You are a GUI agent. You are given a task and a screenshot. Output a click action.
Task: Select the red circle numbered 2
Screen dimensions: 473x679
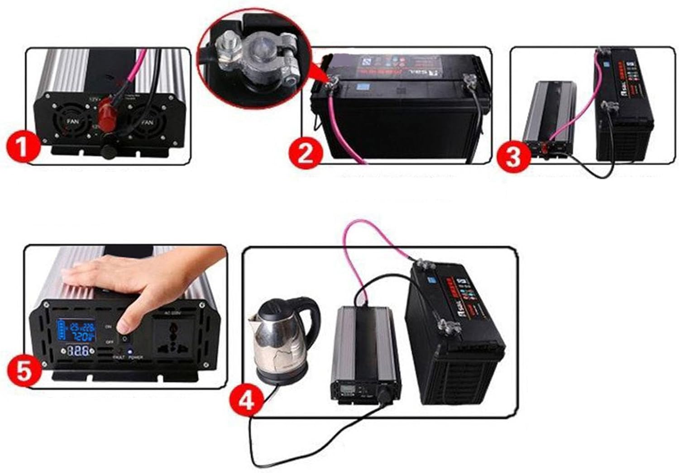point(306,154)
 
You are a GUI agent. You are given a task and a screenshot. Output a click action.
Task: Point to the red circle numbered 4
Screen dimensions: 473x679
point(246,401)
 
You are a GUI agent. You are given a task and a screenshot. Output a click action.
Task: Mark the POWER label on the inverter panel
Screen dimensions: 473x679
point(135,357)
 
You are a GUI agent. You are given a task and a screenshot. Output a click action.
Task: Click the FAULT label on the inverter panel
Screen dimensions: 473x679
point(119,357)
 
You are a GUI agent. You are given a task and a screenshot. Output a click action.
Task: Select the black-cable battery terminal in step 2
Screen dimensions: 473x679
point(469,81)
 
